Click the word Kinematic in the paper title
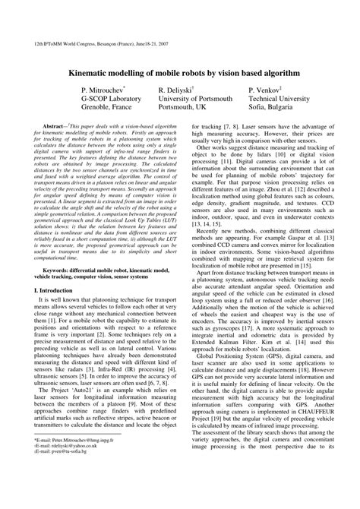99,70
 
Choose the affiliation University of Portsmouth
194,99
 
